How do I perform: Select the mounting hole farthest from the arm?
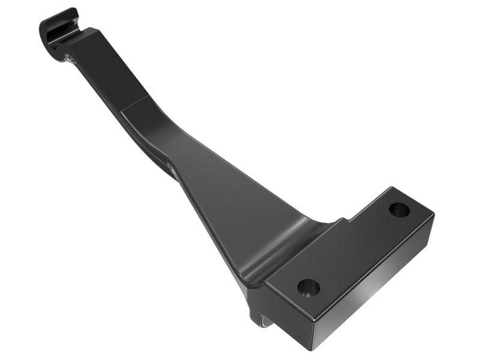point(398,209)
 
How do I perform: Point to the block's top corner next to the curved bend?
point(266,282)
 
